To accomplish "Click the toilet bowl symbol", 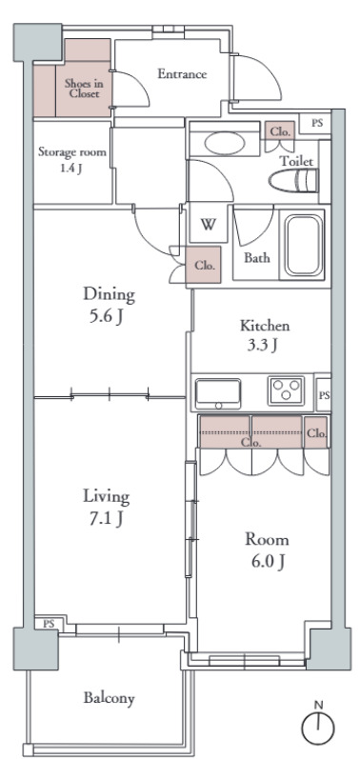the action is coord(293,181).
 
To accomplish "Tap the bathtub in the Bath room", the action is coord(304,245).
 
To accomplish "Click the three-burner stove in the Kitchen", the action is coord(286,390).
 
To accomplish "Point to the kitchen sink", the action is coord(218,393).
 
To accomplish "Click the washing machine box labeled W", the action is coord(208,224).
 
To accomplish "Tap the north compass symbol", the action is coord(318,724).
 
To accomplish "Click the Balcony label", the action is coord(109,698).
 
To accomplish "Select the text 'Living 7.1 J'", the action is coord(106,507).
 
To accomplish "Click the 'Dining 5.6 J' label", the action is coord(109,305).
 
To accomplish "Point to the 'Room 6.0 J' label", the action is coord(267,549).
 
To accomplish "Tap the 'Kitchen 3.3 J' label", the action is coord(265,335).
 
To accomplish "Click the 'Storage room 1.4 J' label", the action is coord(72,160).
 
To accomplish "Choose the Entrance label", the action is coord(183,74).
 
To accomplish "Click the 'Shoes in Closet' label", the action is coord(84,89).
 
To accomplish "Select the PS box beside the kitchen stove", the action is coord(324,395).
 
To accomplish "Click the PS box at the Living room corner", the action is coord(49,624).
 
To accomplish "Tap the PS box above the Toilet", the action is coord(315,123).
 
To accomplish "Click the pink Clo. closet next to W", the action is coord(204,265).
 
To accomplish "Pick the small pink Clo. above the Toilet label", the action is coord(280,130).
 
